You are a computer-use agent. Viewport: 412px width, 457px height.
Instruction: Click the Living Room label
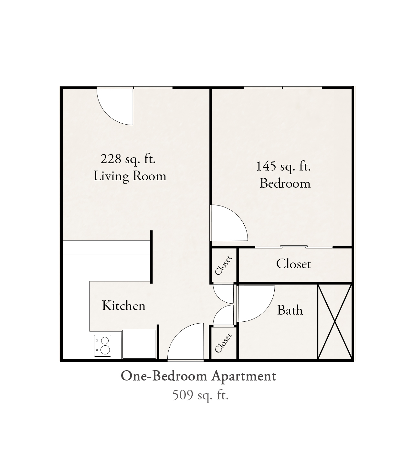tap(130, 176)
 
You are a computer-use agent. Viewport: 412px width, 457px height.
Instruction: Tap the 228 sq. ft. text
tap(128, 159)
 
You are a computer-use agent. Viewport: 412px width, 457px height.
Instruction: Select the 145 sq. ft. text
tap(283, 166)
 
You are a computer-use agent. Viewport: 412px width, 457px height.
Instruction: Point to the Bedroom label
tap(285, 183)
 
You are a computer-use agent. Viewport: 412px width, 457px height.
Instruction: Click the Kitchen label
tap(124, 306)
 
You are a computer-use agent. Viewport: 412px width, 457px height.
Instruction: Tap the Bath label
tap(290, 310)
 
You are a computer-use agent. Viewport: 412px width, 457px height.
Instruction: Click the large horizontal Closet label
tap(293, 264)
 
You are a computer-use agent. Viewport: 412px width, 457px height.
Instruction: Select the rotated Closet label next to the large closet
tap(223, 265)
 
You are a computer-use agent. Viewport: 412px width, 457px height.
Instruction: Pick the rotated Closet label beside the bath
tap(223, 343)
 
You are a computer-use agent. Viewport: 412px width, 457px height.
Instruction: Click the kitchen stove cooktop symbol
tap(103, 345)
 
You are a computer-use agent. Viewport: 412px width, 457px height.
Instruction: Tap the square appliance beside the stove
tap(139, 344)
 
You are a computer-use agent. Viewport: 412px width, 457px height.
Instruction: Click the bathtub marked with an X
tap(335, 322)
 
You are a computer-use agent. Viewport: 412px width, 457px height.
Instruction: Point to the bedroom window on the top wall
tap(283, 88)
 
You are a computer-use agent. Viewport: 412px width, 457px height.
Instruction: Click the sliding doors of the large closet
tap(294, 247)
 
